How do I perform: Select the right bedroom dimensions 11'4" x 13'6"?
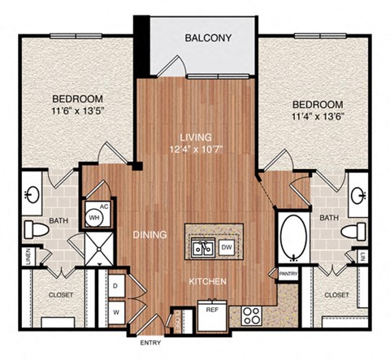tap(318, 118)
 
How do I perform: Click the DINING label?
tap(149, 235)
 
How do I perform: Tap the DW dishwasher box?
tap(227, 247)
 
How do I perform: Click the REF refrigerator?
tap(211, 310)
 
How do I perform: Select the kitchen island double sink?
tap(201, 247)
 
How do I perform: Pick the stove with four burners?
tap(250, 312)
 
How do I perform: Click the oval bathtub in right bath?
tap(291, 237)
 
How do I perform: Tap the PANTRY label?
tap(288, 275)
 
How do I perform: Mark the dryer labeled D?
tap(115, 286)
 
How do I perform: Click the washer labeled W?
tap(115, 310)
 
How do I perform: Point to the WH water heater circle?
tap(93, 218)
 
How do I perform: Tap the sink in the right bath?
tap(359, 196)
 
